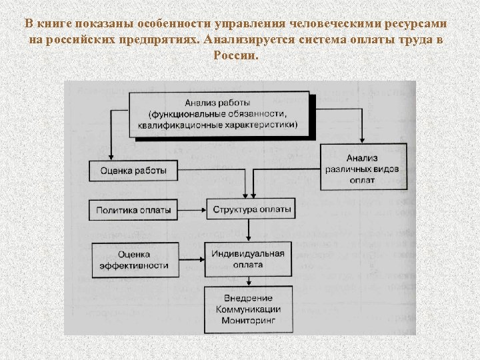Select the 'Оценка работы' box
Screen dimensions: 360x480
pyautogui.click(x=133, y=171)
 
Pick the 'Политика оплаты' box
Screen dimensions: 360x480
pyautogui.click(x=133, y=210)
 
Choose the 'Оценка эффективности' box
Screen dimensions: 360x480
pyautogui.click(x=133, y=260)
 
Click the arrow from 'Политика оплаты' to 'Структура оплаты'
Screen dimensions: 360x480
pyautogui.click(x=191, y=210)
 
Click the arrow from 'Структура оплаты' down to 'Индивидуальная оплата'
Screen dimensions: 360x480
pyautogui.click(x=248, y=231)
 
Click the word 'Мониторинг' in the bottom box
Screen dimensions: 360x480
pyautogui.click(x=248, y=321)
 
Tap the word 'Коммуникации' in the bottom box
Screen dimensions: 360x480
pyautogui.click(x=248, y=310)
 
